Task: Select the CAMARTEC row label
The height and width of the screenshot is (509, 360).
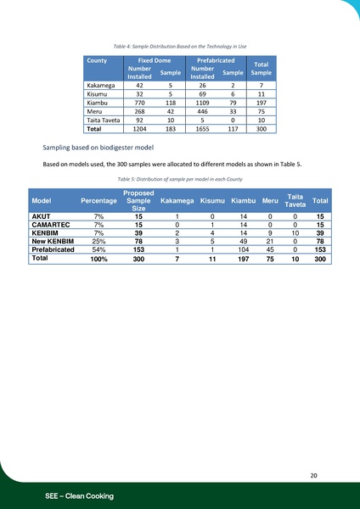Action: [51, 225]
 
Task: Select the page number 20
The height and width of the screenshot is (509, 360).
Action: [314, 476]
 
